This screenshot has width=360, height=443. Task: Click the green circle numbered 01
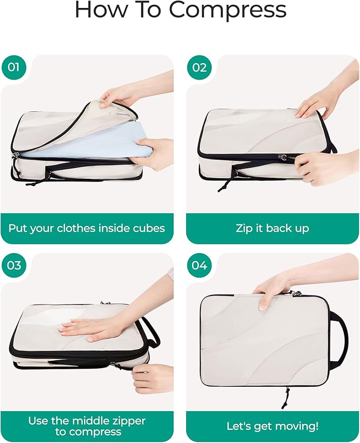(x=14, y=67)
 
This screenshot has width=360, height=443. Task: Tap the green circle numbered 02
(x=199, y=67)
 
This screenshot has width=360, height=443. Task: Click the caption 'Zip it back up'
(x=272, y=229)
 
